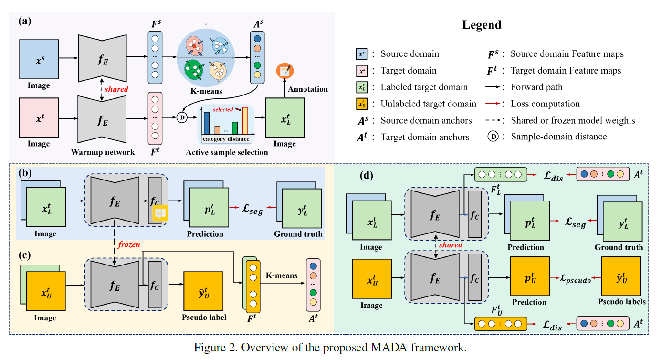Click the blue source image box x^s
pyautogui.click(x=39, y=59)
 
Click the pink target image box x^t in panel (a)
pyautogui.click(x=39, y=116)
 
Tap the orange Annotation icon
pyautogui.click(x=285, y=71)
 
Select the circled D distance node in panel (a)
pyautogui.click(x=182, y=117)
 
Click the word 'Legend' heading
pyautogui.click(x=482, y=25)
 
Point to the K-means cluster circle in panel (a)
pyautogui.click(x=206, y=57)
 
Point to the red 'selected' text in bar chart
pyautogui.click(x=223, y=110)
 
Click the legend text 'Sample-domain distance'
pyautogui.click(x=558, y=137)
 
